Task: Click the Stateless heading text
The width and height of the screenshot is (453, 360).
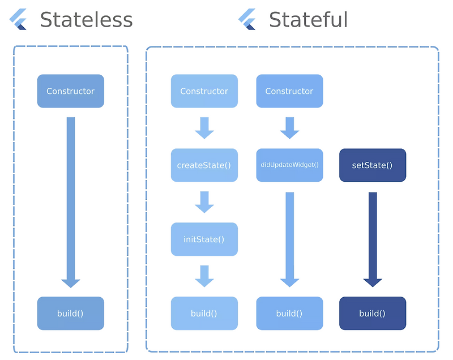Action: coord(86,20)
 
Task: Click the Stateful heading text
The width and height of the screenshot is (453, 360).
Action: coord(308,20)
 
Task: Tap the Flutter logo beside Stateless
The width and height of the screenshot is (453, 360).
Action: coord(19,20)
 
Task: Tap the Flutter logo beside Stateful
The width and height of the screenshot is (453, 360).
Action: coord(247,20)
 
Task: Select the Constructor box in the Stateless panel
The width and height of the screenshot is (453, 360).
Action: coord(71,91)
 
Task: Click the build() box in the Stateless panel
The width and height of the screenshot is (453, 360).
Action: coord(71,314)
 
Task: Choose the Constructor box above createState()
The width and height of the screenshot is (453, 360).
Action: coord(204,91)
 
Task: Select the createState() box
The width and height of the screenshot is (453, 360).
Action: coord(204,165)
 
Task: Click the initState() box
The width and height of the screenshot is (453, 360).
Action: coord(204,239)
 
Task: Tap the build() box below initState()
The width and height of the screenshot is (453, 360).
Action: coord(204,314)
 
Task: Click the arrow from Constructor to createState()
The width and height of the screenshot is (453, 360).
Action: coord(204,128)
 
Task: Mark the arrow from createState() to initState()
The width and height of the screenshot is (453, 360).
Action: coord(204,202)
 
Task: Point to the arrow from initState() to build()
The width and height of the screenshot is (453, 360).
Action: coord(204,276)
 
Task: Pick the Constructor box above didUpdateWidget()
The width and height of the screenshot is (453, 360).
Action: coord(289,91)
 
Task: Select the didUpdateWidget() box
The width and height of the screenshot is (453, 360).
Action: coord(289,165)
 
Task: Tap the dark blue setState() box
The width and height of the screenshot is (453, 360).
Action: coord(373,165)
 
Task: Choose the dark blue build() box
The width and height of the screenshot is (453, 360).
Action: coord(373,314)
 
